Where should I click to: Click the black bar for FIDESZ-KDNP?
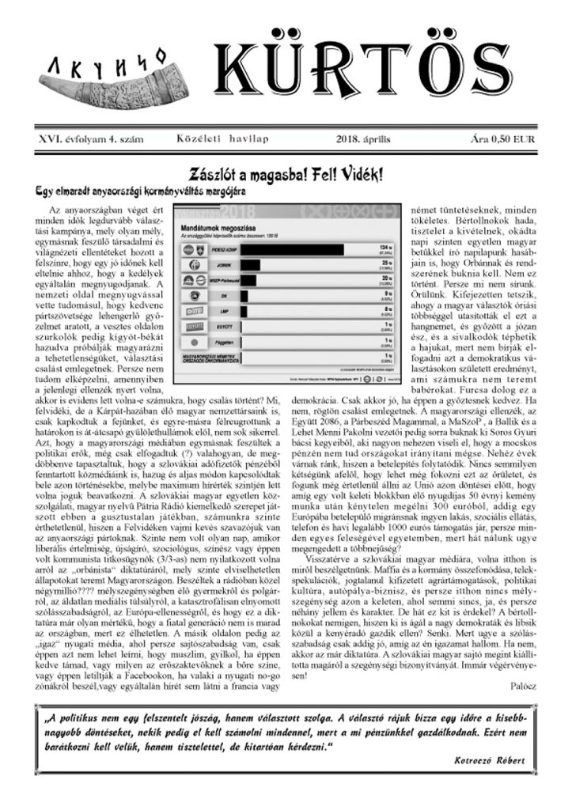click(278, 249)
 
